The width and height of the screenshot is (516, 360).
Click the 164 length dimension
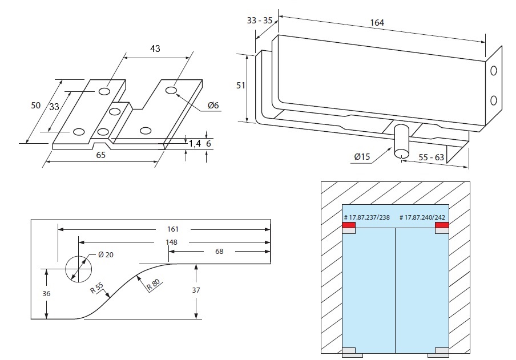(x=377, y=23)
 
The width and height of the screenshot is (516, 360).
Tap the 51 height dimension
(x=241, y=85)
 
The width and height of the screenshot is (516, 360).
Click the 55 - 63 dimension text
(x=432, y=156)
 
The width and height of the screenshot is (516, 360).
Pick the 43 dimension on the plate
(x=154, y=48)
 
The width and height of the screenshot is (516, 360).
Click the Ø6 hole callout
(x=213, y=105)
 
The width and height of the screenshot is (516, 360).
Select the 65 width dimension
(x=100, y=155)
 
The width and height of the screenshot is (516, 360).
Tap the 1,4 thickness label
(x=195, y=144)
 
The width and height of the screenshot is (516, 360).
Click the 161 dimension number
(x=172, y=229)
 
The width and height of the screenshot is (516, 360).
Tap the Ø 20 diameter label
(x=106, y=254)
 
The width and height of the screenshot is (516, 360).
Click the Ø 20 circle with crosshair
(x=76, y=268)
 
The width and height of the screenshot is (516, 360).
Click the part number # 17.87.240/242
(x=423, y=217)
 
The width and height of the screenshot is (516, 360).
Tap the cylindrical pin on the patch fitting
(x=402, y=140)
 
